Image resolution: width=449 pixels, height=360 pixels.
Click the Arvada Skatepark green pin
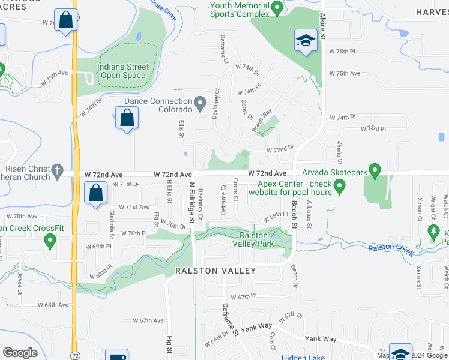(376, 172)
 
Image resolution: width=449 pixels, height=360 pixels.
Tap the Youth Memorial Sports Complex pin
(277, 8)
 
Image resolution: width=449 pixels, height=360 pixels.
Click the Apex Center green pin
(340, 188)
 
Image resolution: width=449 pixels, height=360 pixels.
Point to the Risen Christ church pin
(57, 170)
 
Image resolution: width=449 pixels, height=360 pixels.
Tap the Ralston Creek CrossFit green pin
(50, 242)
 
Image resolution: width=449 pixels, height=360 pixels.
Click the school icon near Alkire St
(306, 41)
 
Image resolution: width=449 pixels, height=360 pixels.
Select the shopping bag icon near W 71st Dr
(95, 194)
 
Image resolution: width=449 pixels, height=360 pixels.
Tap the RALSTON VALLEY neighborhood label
(215, 271)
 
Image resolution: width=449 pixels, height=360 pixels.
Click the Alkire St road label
(322, 27)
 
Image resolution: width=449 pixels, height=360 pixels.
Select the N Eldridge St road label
(191, 203)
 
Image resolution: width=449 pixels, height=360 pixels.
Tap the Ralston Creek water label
(391, 249)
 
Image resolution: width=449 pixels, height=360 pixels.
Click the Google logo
(20, 352)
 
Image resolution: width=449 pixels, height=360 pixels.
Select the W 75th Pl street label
(343, 52)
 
